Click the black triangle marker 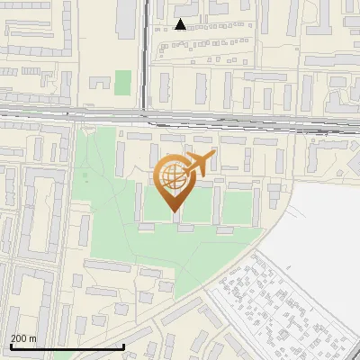(x=181, y=24)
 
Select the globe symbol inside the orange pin (x=172, y=175)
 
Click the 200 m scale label (x=23, y=338)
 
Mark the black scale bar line (x=67, y=346)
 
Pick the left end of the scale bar (x=10, y=346)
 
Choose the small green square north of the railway (x=123, y=82)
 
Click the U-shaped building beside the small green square (x=102, y=83)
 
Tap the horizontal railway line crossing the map (x=72, y=112)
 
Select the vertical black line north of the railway (x=144, y=54)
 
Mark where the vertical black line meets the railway (x=144, y=113)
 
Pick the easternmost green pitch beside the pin (x=238, y=207)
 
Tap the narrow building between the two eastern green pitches (x=219, y=205)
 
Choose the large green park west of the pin (x=99, y=198)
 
